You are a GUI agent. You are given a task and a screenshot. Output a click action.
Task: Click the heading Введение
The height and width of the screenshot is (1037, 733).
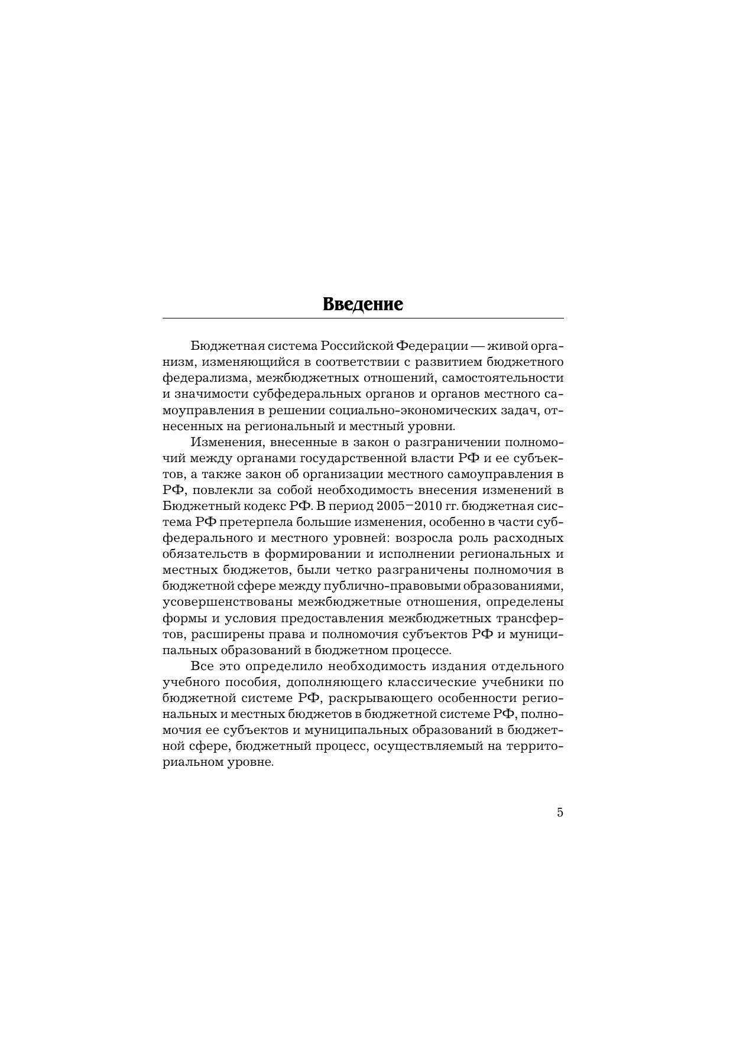point(363,305)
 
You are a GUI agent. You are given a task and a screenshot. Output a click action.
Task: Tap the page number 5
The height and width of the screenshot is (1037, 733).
point(560,812)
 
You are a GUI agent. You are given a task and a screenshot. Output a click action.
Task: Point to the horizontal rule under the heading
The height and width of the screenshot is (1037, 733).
point(363,318)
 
